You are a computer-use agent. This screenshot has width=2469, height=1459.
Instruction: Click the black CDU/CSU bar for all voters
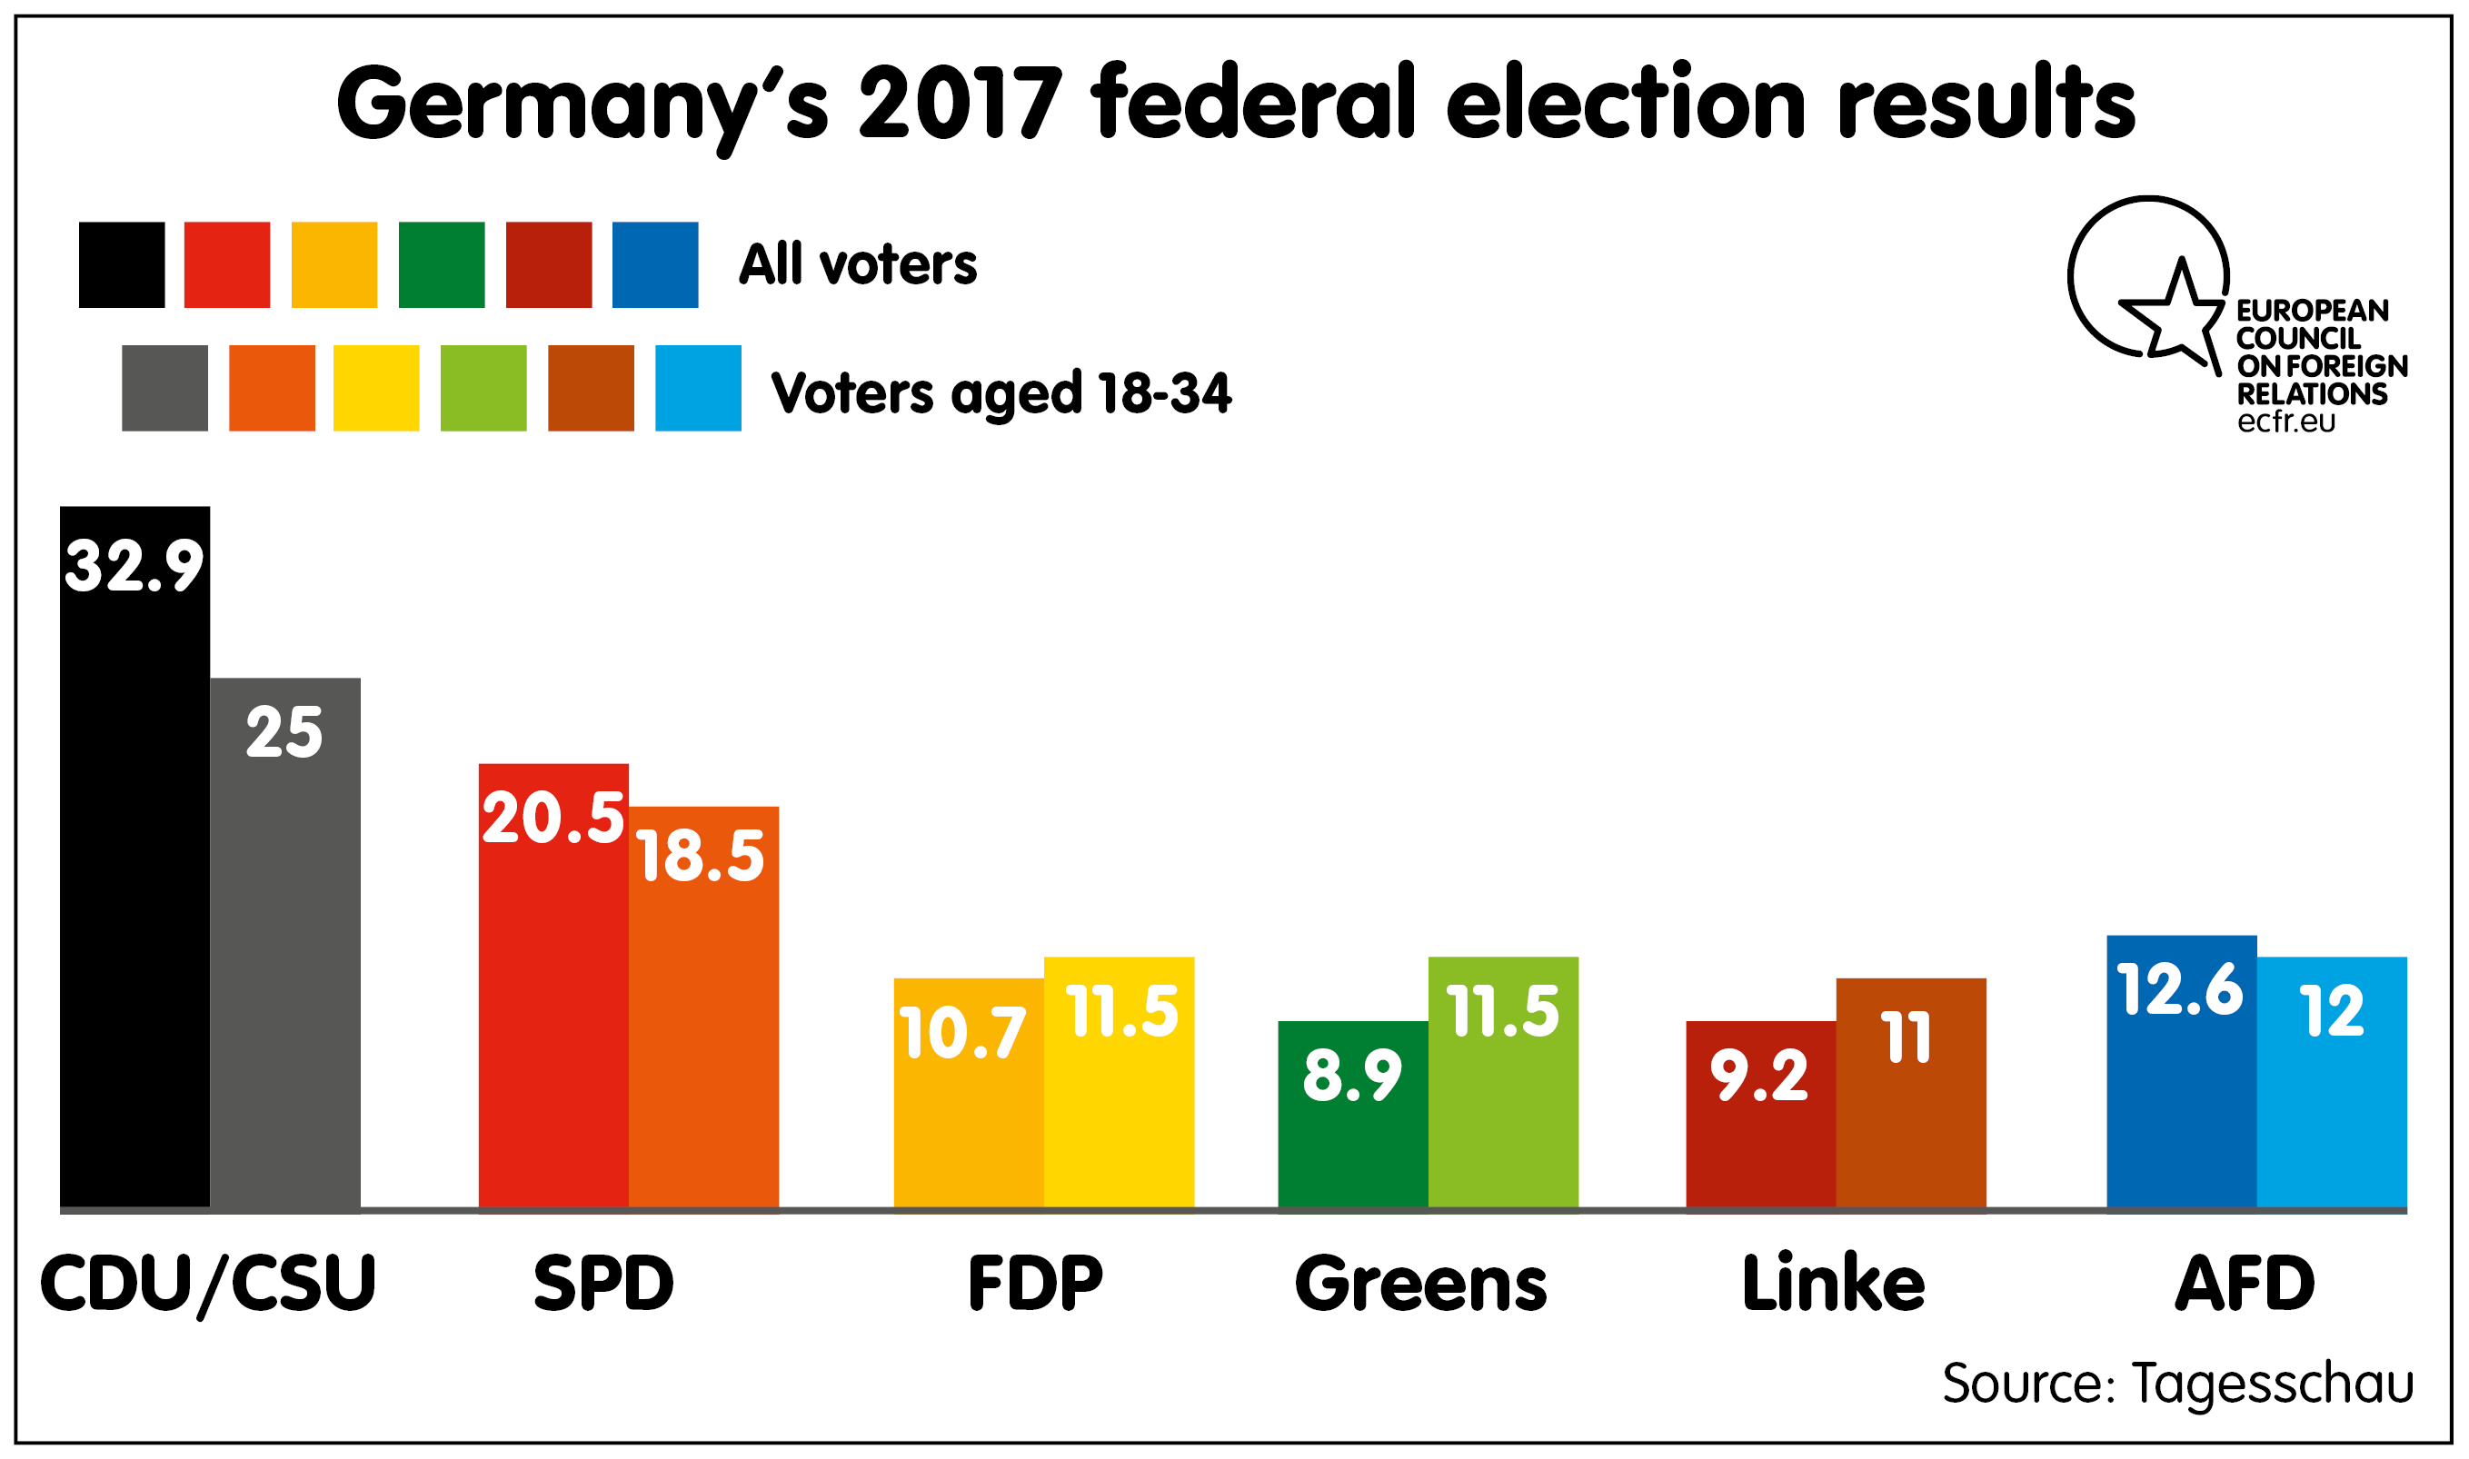tap(134, 885)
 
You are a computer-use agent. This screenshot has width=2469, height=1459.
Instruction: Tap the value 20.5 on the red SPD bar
tap(553, 818)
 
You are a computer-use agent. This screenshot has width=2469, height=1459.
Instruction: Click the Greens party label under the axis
tap(1421, 1284)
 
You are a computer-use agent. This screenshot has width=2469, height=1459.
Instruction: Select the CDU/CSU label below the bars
tap(207, 1284)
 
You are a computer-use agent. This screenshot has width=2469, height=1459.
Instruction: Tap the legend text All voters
tap(858, 264)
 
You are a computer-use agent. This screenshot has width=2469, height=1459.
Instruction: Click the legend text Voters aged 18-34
tap(1001, 393)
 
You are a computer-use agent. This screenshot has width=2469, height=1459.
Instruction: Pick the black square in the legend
tap(122, 264)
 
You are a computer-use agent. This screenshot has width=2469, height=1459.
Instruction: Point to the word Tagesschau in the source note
tap(2273, 1384)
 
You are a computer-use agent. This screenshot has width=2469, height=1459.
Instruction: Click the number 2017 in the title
tap(961, 104)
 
